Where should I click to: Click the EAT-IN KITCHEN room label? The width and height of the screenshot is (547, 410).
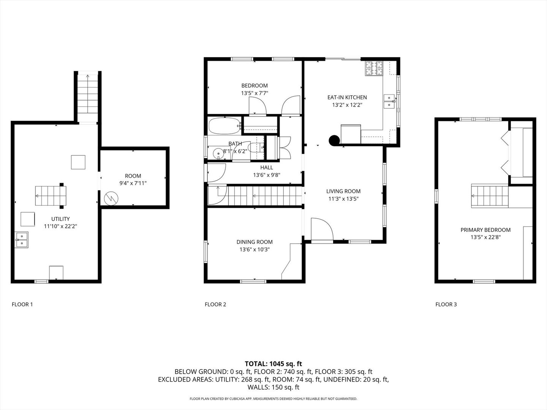tap(347, 97)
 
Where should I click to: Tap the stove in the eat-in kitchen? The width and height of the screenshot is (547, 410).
tap(374, 68)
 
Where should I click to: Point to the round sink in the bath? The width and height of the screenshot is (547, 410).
tap(218, 153)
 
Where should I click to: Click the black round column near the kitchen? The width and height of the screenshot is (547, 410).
tap(334, 140)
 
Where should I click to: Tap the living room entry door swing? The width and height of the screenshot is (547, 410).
tap(321, 229)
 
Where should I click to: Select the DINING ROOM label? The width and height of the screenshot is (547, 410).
tap(254, 242)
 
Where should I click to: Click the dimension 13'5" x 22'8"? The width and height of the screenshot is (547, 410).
tap(485, 237)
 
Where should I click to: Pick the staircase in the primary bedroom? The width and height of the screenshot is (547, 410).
tap(490, 196)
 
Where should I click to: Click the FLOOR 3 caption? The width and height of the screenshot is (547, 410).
tap(446, 304)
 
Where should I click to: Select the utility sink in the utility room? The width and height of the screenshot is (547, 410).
tap(22, 240)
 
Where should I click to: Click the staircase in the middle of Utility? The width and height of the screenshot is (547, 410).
tap(50, 196)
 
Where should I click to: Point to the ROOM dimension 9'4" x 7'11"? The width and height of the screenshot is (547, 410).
tap(133, 183)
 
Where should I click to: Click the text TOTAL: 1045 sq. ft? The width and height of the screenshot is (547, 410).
tap(273, 364)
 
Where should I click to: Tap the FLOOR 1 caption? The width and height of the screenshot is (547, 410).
tap(22, 304)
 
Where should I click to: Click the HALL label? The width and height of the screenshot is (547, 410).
tap(266, 167)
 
